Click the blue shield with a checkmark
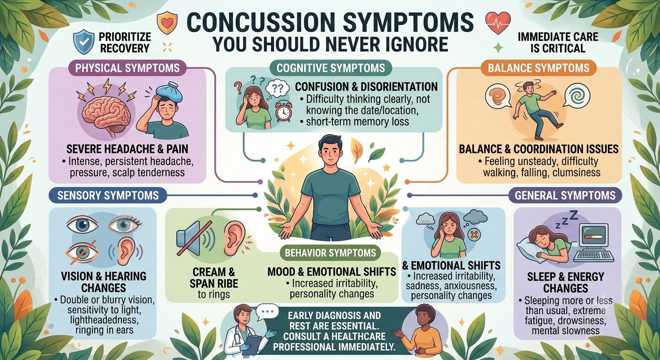(x=84, y=42)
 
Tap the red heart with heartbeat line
(x=498, y=22)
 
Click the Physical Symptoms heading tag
(x=127, y=68)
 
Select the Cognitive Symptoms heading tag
(x=330, y=68)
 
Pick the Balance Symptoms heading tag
(x=539, y=68)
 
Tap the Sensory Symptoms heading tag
(x=108, y=195)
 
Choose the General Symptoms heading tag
(x=565, y=195)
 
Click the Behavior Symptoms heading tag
(x=330, y=253)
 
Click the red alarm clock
(x=284, y=112)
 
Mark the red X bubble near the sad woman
(x=474, y=235)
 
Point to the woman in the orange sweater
(x=425, y=332)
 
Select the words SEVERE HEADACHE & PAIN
(x=127, y=149)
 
